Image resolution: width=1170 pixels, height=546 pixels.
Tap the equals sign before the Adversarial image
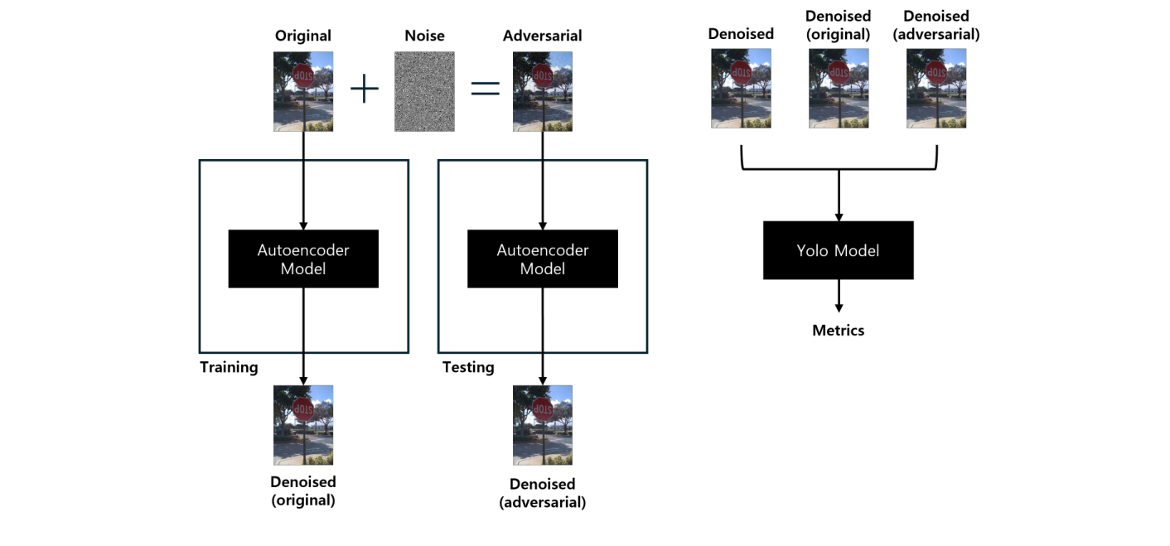click(x=485, y=89)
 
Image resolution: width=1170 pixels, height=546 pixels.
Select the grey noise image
click(x=424, y=91)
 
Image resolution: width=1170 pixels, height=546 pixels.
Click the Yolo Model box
click(x=838, y=250)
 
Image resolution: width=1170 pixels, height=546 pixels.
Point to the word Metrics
click(x=838, y=331)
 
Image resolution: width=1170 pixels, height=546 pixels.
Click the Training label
click(x=229, y=367)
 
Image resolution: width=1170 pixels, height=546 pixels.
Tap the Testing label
click(x=468, y=367)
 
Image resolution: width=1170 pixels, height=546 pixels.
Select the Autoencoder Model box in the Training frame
click(x=303, y=259)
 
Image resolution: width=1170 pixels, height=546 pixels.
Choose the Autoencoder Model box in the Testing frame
click(x=543, y=259)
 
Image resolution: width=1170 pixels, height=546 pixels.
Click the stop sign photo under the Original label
click(x=303, y=91)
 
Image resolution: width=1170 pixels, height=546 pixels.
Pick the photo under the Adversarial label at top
click(x=543, y=91)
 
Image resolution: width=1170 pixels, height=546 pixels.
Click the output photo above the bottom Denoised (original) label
click(x=303, y=425)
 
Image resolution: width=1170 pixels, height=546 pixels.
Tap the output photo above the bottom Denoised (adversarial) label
click(x=543, y=425)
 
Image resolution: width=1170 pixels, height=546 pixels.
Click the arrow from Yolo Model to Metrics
click(x=839, y=297)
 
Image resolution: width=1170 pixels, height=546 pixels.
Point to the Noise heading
click(x=424, y=36)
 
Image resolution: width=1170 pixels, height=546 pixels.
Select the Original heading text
click(x=303, y=36)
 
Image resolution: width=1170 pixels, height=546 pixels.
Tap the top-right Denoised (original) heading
click(x=838, y=25)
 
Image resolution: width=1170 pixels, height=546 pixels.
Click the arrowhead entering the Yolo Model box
click(x=839, y=216)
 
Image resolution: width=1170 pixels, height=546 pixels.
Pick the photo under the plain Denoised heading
click(x=741, y=88)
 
